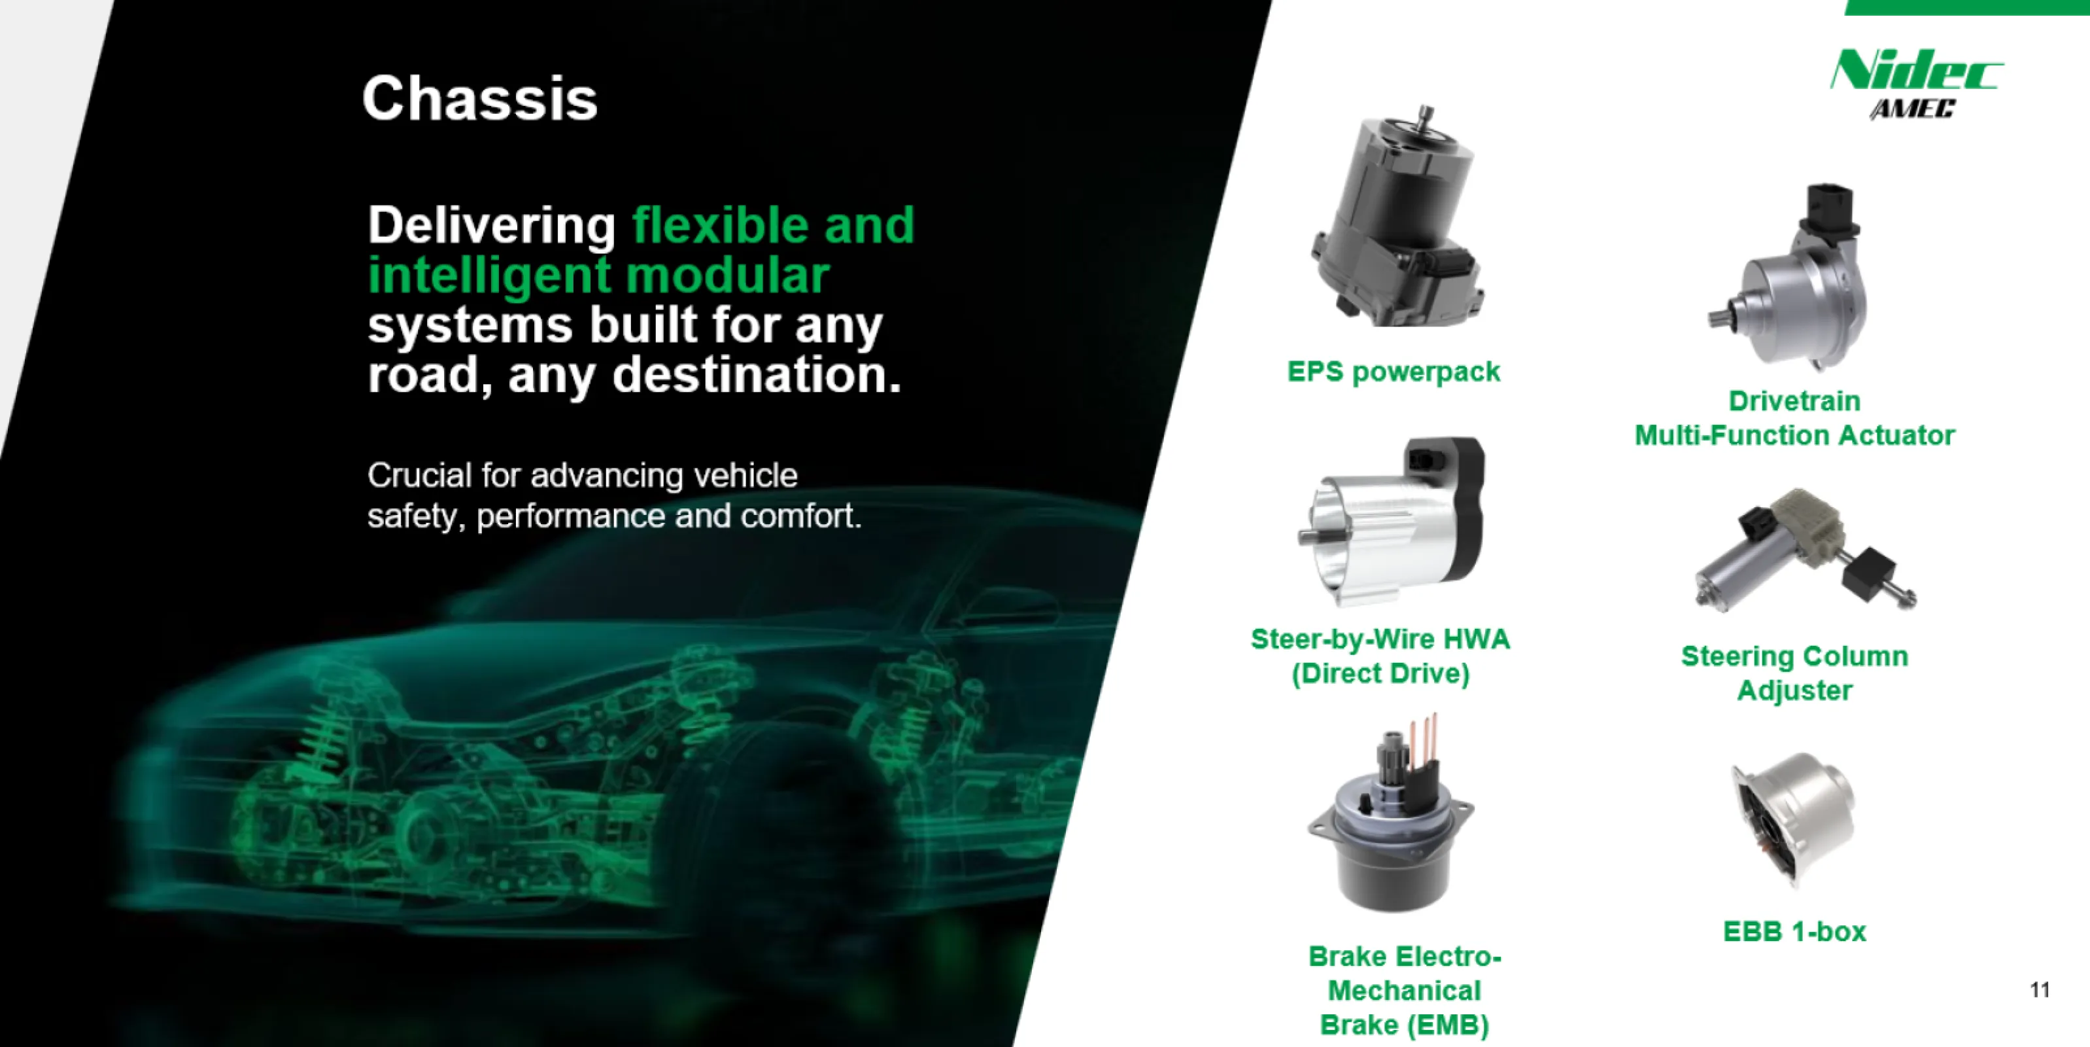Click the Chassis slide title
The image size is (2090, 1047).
[479, 99]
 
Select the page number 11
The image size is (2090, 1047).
[2040, 989]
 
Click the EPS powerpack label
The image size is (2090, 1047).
[1394, 372]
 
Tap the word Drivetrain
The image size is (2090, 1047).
[1794, 401]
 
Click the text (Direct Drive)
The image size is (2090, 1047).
[1380, 673]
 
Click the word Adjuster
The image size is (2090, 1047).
[1794, 691]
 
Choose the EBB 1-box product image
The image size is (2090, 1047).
[1794, 820]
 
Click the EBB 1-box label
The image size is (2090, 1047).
[1794, 932]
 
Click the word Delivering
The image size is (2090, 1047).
[492, 226]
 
